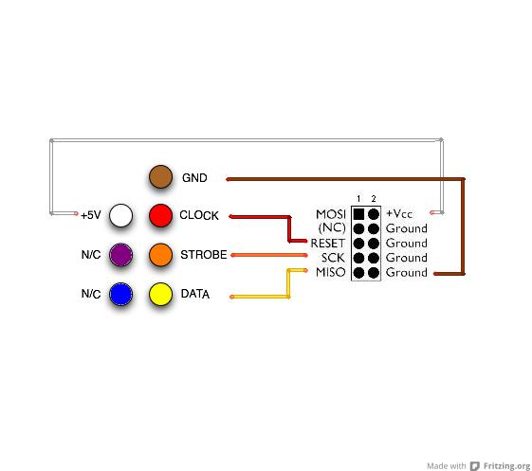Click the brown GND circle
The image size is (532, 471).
[160, 176]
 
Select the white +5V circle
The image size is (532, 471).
[120, 215]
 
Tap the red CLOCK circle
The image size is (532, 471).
[160, 215]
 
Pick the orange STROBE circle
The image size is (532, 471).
[160, 255]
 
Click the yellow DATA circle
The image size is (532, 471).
[160, 294]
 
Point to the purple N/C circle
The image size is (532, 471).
[120, 255]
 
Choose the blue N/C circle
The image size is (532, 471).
[120, 294]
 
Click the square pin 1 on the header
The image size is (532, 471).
[358, 214]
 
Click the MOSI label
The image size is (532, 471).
[331, 214]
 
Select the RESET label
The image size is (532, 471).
[328, 244]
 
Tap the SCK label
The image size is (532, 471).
[333, 258]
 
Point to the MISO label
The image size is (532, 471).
[331, 272]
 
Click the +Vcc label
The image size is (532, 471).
[399, 213]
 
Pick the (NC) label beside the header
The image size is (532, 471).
[332, 227]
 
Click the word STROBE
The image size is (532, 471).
[204, 255]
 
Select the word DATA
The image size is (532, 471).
[195, 294]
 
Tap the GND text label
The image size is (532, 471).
[194, 177]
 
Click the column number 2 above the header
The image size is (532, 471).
[374, 198]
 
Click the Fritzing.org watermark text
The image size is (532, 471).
[507, 465]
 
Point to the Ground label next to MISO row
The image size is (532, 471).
[407, 272]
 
